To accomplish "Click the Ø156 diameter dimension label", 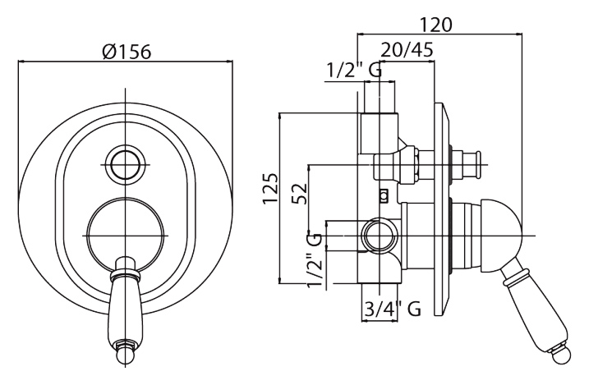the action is tap(127, 52).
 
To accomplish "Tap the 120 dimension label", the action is tap(435, 25).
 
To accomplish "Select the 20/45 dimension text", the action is tap(407, 49).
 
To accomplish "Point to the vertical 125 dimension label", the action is tap(271, 188).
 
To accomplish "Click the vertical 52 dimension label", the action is tap(300, 193).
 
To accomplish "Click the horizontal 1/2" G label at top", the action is tap(354, 70).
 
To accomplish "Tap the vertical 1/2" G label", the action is tap(315, 260).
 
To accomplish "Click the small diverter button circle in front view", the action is tap(125, 165).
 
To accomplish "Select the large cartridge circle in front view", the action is tap(125, 236).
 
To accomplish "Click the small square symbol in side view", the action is tap(384, 195).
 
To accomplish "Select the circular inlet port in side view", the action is tap(380, 236).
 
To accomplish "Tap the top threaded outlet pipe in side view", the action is tap(380, 96).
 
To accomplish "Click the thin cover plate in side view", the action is tap(442, 209).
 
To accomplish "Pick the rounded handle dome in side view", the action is tap(501, 236).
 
